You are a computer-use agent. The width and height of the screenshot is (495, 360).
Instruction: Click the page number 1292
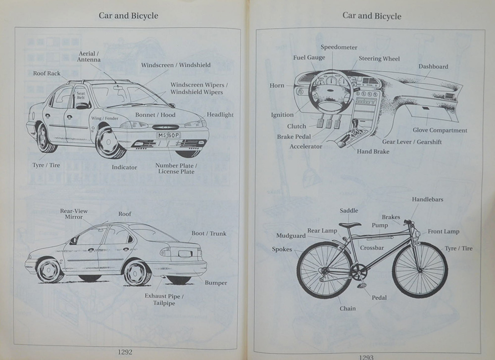(x=125, y=352)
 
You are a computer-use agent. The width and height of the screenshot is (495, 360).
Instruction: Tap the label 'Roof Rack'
(x=47, y=74)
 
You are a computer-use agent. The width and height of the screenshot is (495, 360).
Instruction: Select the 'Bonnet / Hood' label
(x=155, y=115)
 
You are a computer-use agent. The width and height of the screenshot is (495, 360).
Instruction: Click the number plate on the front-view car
(x=169, y=135)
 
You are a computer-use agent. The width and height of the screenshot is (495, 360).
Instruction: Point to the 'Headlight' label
(x=220, y=115)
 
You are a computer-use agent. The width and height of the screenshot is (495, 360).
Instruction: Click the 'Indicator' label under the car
(x=124, y=167)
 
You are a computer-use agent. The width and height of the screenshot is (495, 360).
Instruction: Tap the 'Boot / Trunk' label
(x=208, y=233)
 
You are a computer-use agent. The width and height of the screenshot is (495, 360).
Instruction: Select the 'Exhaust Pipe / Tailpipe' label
(x=164, y=300)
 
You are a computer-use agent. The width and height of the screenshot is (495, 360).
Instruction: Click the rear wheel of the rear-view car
(x=137, y=272)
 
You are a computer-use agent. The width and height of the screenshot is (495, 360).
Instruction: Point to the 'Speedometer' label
(x=339, y=47)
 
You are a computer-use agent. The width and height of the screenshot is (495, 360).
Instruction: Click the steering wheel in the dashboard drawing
(x=331, y=92)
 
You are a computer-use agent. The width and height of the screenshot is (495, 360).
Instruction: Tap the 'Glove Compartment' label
(x=440, y=131)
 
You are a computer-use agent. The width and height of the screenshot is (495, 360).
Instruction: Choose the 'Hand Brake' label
(x=373, y=151)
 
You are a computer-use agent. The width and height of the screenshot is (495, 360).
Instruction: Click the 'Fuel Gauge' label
(x=309, y=57)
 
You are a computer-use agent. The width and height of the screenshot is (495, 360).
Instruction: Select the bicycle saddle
(x=349, y=225)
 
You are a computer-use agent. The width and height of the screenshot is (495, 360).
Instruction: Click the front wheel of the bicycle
(x=420, y=270)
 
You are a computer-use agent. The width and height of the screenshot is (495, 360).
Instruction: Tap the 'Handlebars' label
(x=427, y=199)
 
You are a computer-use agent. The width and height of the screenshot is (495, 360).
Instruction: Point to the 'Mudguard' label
(x=291, y=236)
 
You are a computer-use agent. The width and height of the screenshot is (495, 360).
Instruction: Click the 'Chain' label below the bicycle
(x=347, y=309)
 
